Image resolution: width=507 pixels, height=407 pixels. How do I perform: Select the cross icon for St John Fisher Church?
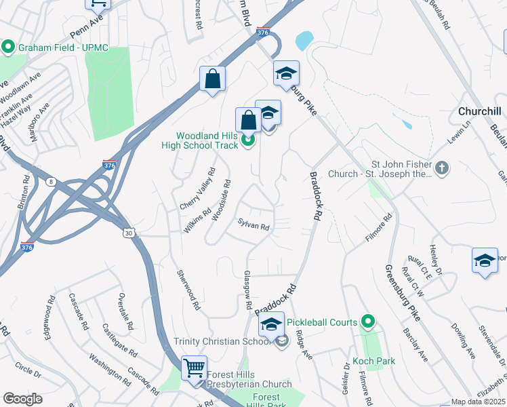click(442, 168)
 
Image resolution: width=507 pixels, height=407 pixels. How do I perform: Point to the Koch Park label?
click(373, 362)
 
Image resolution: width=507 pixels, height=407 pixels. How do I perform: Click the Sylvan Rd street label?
click(254, 225)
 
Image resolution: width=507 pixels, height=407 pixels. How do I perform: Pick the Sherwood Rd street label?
click(188, 290)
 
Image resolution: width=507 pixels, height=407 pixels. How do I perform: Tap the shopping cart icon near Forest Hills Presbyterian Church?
click(195, 368)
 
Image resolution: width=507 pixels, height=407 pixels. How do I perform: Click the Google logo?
click(22, 399)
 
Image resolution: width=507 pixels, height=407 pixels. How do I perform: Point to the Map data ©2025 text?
click(479, 402)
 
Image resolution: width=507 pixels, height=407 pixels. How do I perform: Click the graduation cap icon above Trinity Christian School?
click(272, 324)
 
